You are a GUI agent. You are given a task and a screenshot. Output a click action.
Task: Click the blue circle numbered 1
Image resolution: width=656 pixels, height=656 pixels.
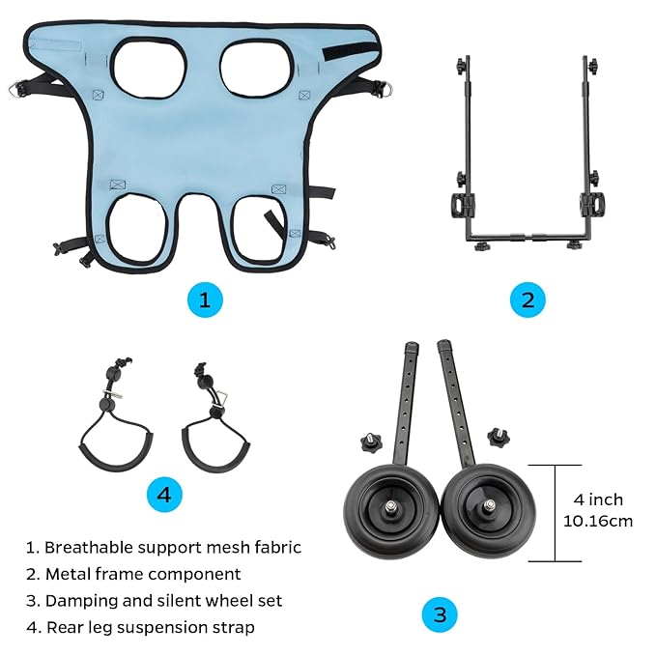coord(204,299)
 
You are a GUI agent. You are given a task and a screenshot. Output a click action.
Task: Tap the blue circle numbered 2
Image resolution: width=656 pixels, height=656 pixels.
coord(528,299)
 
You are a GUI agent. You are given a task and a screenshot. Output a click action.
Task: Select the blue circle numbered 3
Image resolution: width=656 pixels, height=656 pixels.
coord(440,613)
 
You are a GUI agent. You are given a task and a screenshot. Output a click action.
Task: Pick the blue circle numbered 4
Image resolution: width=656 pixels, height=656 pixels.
coord(164,495)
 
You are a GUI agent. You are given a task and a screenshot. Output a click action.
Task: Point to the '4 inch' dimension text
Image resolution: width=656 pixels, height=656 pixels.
coord(598,499)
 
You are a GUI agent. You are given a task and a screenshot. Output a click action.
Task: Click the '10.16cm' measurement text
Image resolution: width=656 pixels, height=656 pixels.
coord(598,521)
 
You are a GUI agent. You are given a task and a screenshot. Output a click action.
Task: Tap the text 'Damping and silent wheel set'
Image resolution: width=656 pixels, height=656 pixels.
coord(155,600)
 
